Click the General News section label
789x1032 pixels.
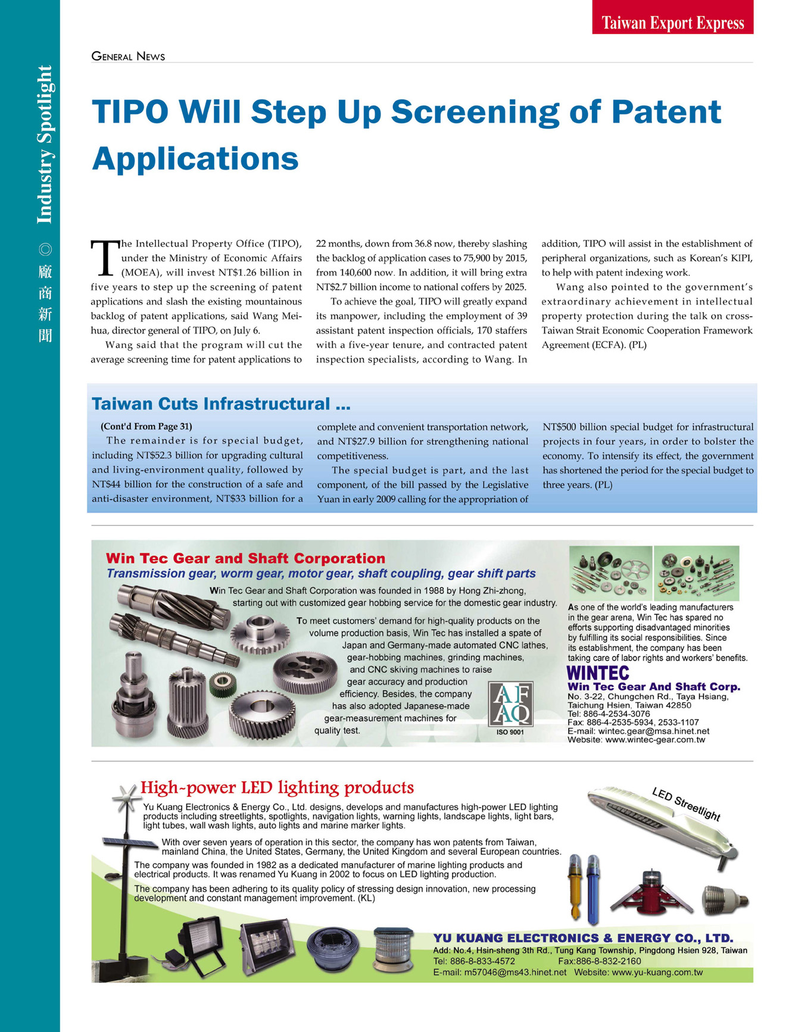click(128, 57)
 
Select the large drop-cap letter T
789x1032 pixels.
click(103, 258)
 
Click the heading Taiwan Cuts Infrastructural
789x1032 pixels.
click(220, 404)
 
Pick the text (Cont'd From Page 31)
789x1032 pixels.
click(146, 427)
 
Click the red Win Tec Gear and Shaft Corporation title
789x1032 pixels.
click(245, 558)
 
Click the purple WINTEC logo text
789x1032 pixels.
click(598, 673)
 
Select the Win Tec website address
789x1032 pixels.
click(654, 740)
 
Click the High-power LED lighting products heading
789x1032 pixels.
click(277, 788)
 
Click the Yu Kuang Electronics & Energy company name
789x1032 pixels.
click(583, 939)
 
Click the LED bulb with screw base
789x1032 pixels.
click(725, 900)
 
